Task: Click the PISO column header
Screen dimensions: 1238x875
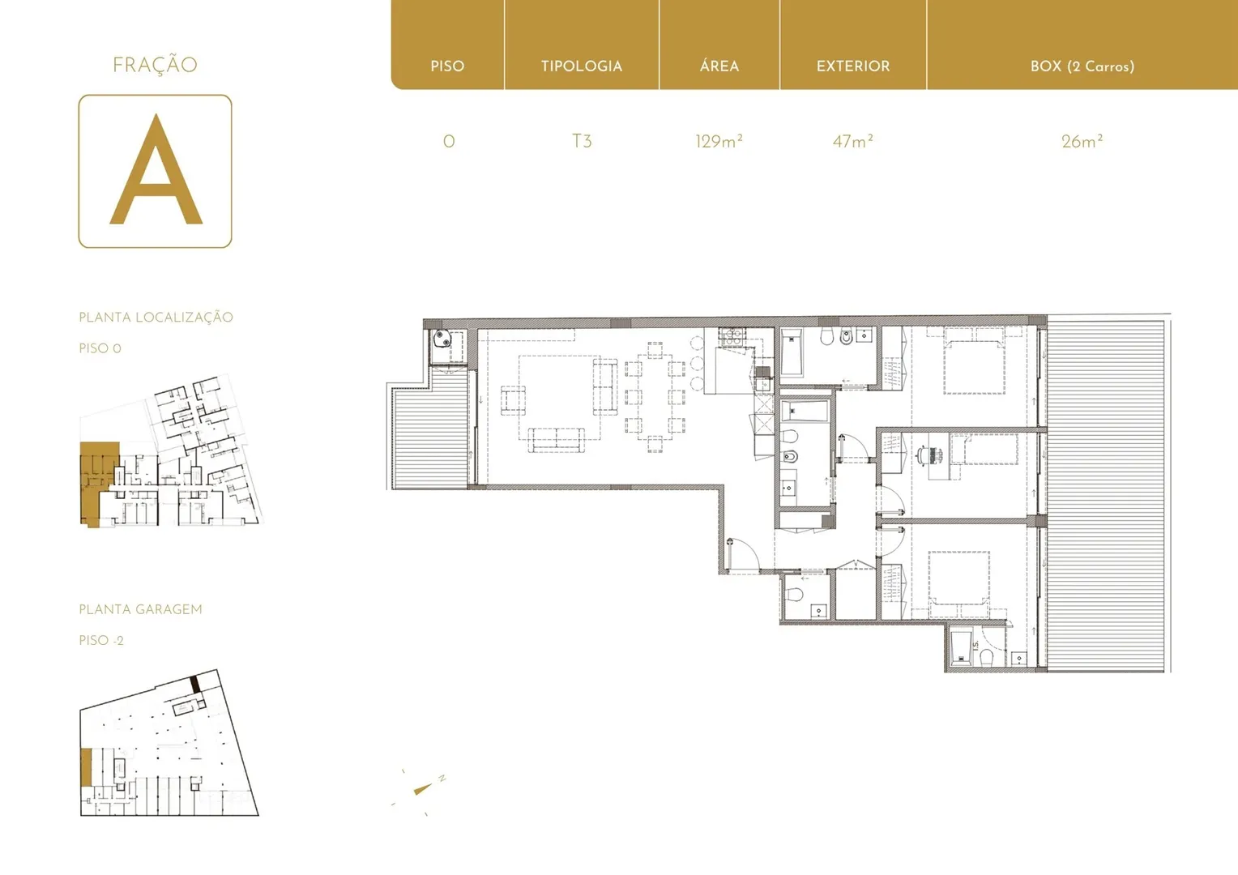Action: [x=447, y=66]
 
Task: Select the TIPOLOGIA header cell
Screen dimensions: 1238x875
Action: [x=582, y=66]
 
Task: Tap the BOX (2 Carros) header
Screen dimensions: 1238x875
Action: [x=1082, y=66]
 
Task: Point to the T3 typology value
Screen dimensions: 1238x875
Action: [x=582, y=142]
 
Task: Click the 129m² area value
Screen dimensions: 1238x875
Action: [x=719, y=142]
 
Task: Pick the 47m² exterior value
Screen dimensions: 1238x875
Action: [x=853, y=142]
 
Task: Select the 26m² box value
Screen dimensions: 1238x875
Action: [x=1082, y=142]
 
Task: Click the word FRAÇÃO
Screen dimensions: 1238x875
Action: [x=155, y=64]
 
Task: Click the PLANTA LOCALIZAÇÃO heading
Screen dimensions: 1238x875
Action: [x=156, y=317]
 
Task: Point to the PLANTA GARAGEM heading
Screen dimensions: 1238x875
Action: [x=140, y=609]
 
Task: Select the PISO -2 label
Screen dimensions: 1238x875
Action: [x=101, y=640]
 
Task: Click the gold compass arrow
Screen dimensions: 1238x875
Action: [x=423, y=789]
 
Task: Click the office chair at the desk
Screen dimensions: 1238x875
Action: [x=922, y=455]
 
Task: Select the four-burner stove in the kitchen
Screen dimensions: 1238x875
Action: [x=732, y=336]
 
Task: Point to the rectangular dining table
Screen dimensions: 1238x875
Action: [x=655, y=397]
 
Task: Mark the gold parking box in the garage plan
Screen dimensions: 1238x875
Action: [x=86, y=767]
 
